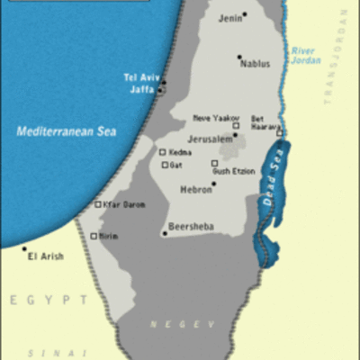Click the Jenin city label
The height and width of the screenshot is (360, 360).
tap(230, 17)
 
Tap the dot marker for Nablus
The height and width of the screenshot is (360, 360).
tap(239, 57)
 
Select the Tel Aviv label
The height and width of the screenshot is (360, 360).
tap(140, 77)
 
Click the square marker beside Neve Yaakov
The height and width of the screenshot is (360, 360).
tap(236, 126)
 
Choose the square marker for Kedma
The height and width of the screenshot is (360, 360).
tap(163, 152)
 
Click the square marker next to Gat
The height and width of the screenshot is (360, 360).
tap(165, 165)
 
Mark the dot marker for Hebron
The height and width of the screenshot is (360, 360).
tap(213, 184)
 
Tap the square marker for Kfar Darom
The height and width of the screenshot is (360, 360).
tap(98, 204)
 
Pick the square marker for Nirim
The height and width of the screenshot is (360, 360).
tap(94, 236)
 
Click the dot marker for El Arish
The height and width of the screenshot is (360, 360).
tap(24, 248)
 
